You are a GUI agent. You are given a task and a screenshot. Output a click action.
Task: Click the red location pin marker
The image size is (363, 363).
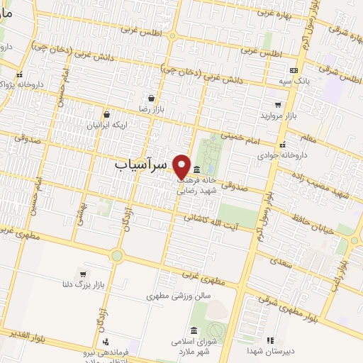pyautogui.click(x=181, y=167)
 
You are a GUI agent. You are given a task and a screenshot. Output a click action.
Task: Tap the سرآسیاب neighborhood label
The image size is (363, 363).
pyautogui.click(x=140, y=164)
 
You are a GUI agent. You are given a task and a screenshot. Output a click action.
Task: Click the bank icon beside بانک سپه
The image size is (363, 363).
pyautogui.click(x=294, y=70)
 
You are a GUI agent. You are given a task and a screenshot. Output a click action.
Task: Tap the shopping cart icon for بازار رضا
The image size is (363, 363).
pyautogui.click(x=151, y=99)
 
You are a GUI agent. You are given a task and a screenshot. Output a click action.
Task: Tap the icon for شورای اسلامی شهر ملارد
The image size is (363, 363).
pyautogui.click(x=194, y=330)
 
